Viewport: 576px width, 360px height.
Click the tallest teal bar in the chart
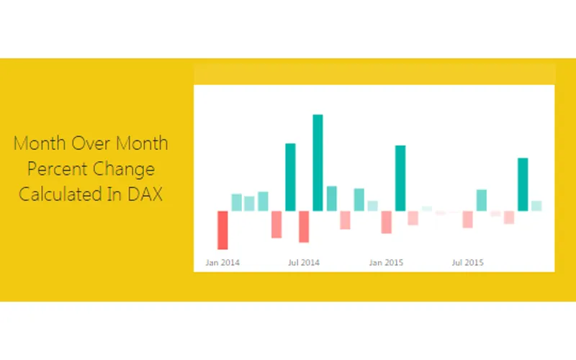click(x=318, y=162)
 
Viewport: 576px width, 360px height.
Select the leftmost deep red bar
click(x=222, y=230)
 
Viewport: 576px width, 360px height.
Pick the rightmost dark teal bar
click(x=523, y=184)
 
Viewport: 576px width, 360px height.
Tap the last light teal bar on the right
click(x=536, y=206)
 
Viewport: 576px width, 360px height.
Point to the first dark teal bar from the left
click(x=290, y=177)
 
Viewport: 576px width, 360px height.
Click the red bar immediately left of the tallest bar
click(x=304, y=226)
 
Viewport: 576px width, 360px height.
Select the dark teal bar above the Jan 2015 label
click(x=400, y=178)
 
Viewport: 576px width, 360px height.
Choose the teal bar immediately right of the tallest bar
click(x=331, y=199)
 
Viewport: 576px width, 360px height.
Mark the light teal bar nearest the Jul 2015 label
click(x=482, y=200)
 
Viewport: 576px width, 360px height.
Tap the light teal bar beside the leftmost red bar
click(x=236, y=202)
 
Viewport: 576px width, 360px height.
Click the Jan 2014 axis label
click(x=222, y=263)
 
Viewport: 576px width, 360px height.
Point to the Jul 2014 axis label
click(x=304, y=263)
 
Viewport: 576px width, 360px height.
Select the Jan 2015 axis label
click(x=386, y=263)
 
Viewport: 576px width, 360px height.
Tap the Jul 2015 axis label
click(x=468, y=263)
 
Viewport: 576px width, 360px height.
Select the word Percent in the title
click(x=58, y=170)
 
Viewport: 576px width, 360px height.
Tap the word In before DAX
click(x=112, y=194)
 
